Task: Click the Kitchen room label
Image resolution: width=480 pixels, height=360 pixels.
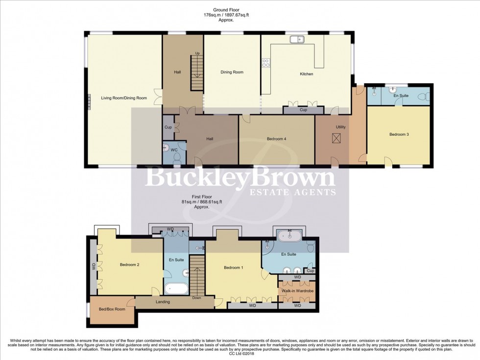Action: (x=306, y=74)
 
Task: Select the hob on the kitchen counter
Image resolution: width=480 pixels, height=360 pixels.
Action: (x=266, y=62)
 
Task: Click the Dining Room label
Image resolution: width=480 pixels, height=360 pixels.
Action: (x=232, y=72)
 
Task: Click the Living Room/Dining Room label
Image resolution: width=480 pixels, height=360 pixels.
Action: (x=124, y=98)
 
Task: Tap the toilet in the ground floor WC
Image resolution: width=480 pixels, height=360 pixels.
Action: (x=177, y=156)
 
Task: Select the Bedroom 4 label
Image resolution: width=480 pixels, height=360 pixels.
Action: (x=276, y=139)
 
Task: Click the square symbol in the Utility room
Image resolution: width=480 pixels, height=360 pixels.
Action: (x=336, y=139)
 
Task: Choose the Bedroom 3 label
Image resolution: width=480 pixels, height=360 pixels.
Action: (x=399, y=134)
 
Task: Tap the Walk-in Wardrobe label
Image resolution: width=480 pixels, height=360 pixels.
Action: (x=297, y=291)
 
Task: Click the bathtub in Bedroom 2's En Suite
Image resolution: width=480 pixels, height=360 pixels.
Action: (x=175, y=288)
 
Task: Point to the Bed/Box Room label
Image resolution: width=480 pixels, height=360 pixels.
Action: (x=112, y=309)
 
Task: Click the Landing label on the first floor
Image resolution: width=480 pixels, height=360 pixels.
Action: (x=163, y=302)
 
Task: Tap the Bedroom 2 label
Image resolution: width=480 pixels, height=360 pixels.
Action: (x=130, y=265)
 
